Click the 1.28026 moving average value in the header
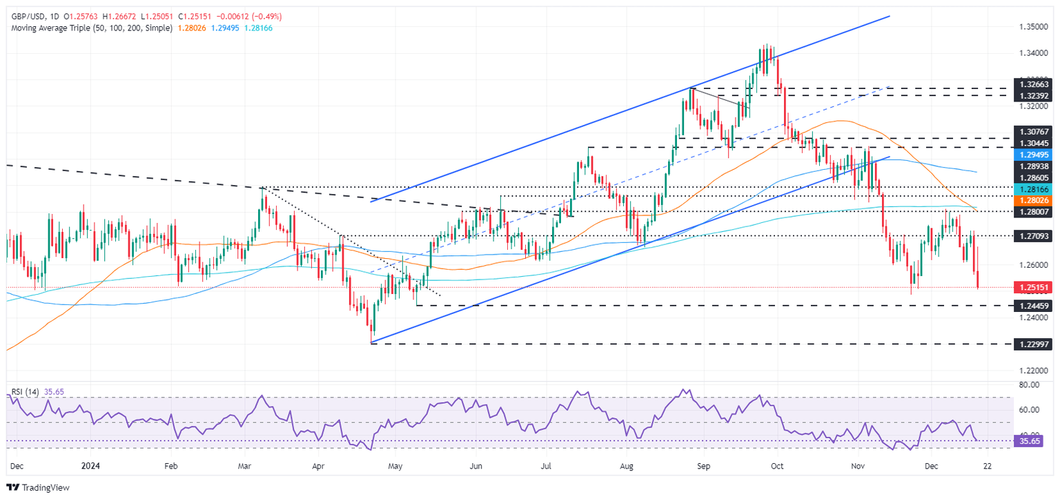coord(195,28)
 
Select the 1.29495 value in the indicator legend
coord(228,28)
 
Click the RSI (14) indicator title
coord(25,391)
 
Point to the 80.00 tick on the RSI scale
coord(1033,384)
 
